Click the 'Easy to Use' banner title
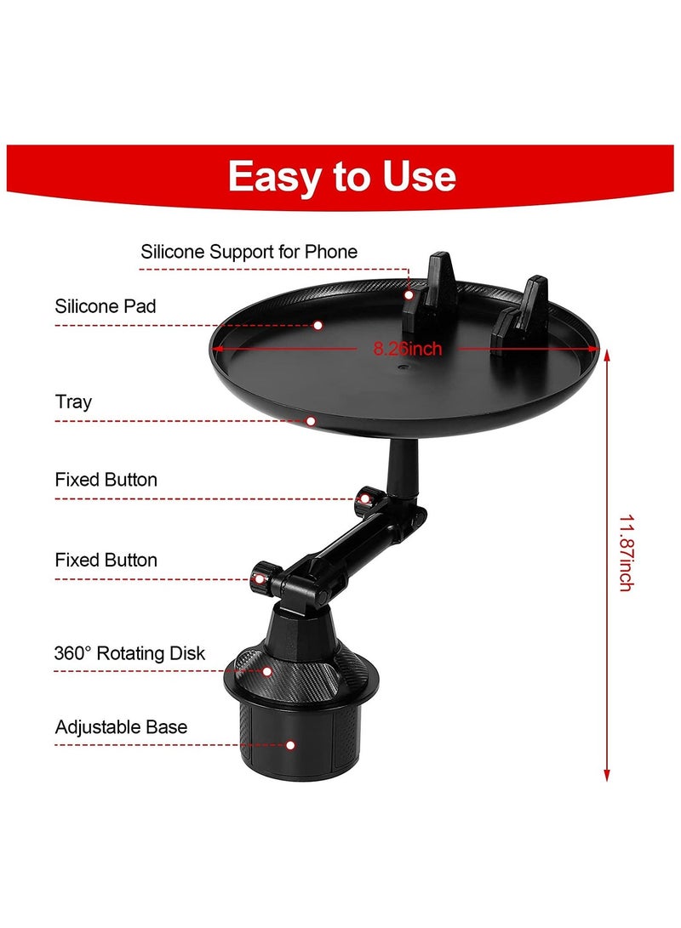tap(341, 176)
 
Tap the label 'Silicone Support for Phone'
tap(249, 252)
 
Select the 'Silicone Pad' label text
tap(106, 306)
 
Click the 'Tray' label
tap(73, 401)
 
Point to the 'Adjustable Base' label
tap(121, 727)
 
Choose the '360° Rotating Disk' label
tap(129, 653)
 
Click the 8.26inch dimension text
tap(408, 348)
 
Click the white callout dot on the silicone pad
tap(318, 324)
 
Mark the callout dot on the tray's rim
tap(312, 420)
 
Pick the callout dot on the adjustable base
tap(290, 745)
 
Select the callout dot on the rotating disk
tap(267, 671)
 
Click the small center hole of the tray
tap(403, 371)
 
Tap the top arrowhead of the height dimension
tap(607, 356)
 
